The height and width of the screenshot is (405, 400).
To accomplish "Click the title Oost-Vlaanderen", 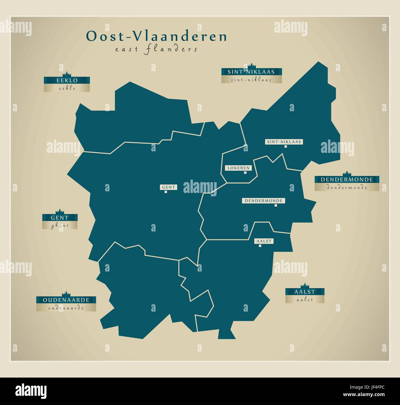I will (x=156, y=36).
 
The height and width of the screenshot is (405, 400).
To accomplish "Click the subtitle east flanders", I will (x=156, y=49).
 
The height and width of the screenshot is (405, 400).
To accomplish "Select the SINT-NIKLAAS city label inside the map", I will (x=284, y=142).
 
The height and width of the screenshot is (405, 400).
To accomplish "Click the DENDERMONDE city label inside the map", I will (x=263, y=200).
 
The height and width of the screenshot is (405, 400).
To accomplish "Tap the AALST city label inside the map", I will (x=264, y=241).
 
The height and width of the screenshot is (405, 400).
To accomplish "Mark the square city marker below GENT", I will (x=166, y=192).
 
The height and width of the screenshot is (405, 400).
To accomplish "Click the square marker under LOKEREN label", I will (x=245, y=173).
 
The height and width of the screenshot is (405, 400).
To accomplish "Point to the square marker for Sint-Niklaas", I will (x=286, y=147).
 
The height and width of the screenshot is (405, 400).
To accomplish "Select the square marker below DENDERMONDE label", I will (x=276, y=205).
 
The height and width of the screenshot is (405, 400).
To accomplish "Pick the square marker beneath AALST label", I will (x=260, y=246).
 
